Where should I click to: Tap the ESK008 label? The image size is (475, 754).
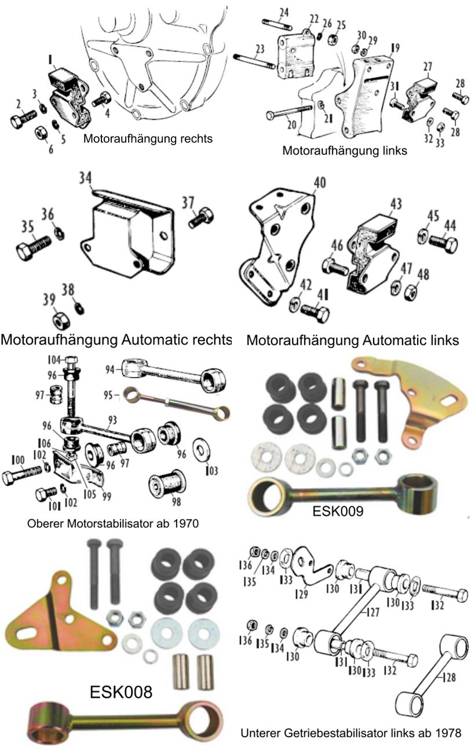[121, 691]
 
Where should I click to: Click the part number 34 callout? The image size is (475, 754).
[86, 178]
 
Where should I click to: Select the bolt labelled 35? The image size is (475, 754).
[33, 245]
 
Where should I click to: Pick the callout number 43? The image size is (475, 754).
[396, 203]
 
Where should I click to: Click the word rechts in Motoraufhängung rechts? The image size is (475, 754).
[196, 138]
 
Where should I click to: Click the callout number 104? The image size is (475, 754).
[54, 360]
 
